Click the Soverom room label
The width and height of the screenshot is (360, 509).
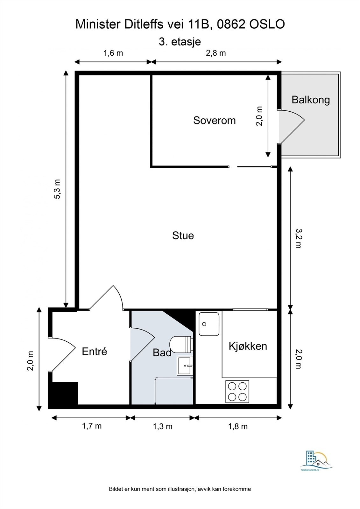point(215,121)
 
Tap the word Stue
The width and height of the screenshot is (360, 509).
point(183,235)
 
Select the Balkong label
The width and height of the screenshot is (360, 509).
point(311,100)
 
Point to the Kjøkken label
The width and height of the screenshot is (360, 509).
point(248,346)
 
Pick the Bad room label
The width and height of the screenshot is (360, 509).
point(162,352)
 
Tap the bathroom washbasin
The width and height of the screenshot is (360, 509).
point(185,366)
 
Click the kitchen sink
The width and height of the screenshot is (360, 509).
point(209,324)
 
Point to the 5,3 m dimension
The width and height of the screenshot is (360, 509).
point(57,189)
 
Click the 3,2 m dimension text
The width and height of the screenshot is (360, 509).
point(298,238)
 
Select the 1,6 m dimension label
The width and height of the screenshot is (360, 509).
point(113,53)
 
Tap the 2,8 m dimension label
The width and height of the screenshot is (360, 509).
point(216,53)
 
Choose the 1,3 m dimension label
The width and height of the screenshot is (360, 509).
point(162,427)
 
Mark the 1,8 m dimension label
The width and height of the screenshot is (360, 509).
point(238,427)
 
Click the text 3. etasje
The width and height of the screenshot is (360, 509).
point(180,42)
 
